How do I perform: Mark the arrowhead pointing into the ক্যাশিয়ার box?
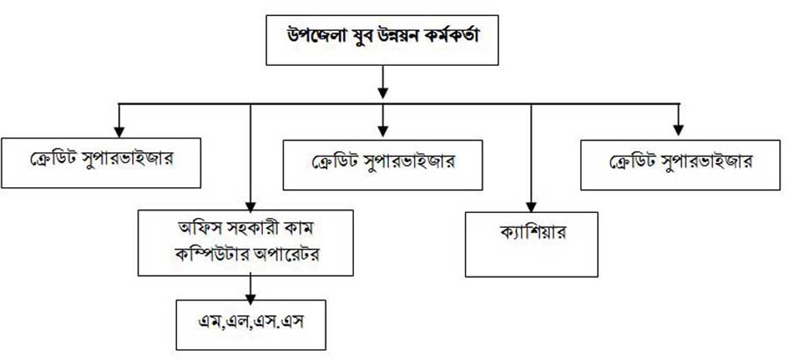[531, 205]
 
